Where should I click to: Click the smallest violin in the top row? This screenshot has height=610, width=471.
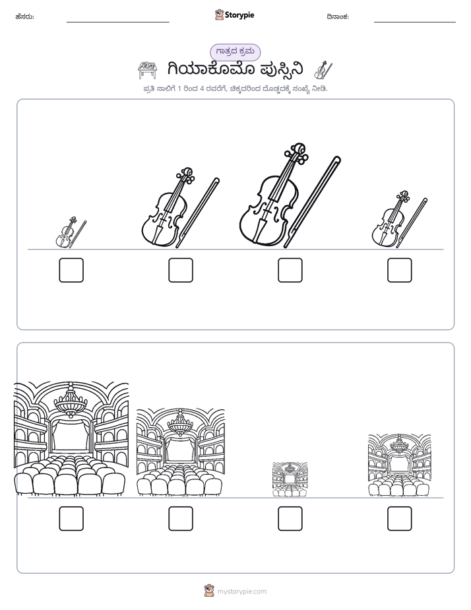[71, 232]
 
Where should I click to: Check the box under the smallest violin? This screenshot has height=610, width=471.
[71, 270]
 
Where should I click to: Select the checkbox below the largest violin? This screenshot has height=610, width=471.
[290, 270]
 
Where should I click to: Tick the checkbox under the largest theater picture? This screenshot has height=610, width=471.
[71, 519]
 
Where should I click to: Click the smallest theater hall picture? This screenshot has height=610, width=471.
[290, 479]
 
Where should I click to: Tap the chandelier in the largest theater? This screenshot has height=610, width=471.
[71, 401]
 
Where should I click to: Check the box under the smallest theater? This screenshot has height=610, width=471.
[290, 519]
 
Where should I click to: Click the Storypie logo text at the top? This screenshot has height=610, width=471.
[239, 15]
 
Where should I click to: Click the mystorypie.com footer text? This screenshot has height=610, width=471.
[241, 592]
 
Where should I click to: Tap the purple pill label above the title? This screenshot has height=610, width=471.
[235, 52]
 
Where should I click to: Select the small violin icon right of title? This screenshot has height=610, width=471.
[323, 70]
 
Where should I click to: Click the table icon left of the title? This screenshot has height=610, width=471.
[148, 70]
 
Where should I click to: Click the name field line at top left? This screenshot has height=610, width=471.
[117, 22]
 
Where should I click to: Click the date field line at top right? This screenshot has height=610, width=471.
[415, 22]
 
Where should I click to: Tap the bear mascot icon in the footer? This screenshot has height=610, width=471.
[209, 591]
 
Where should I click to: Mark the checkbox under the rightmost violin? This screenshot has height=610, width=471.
[400, 270]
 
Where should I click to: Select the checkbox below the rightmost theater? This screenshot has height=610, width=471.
[400, 519]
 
